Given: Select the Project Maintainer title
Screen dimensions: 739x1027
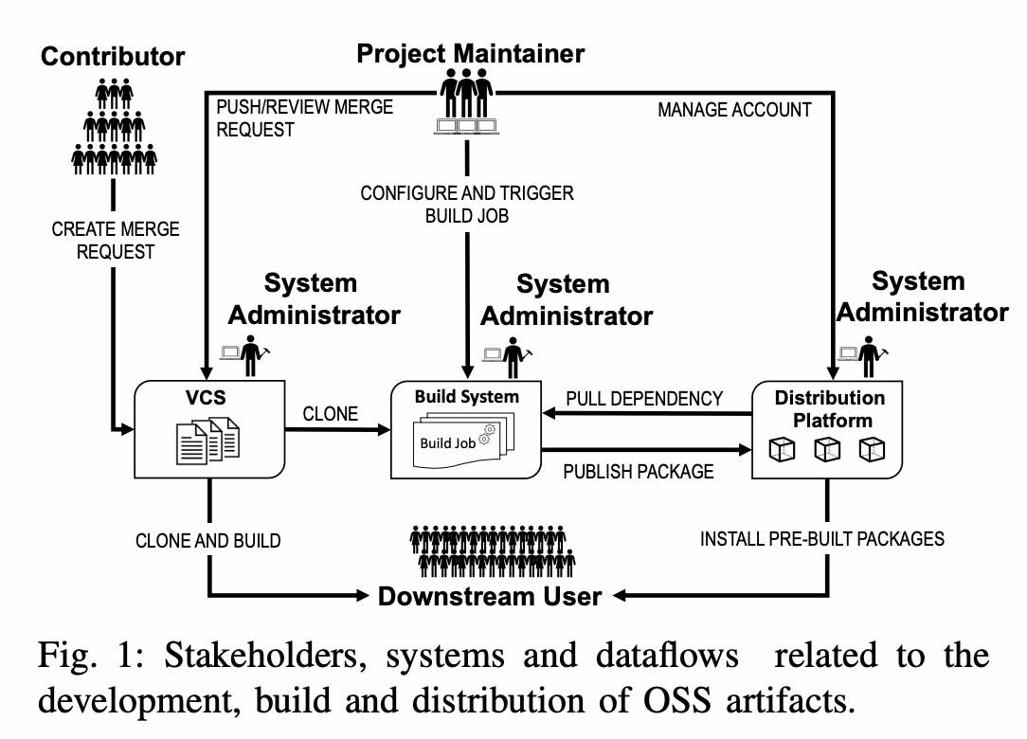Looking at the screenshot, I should [470, 53].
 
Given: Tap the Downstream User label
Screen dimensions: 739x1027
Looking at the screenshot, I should [490, 596].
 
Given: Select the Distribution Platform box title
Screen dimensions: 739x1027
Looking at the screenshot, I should [829, 408].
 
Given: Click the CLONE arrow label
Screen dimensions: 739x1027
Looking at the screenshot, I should [331, 414].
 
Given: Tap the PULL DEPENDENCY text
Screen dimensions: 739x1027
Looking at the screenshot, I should [644, 399].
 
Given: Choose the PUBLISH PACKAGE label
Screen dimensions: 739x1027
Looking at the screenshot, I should [638, 471].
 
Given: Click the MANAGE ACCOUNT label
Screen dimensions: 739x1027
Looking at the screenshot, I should [734, 110].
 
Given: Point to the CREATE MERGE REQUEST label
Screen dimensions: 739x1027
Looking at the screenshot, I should [116, 241].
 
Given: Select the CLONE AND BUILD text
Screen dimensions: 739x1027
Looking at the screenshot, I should [208, 541].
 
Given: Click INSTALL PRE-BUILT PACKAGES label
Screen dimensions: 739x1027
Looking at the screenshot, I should [821, 539].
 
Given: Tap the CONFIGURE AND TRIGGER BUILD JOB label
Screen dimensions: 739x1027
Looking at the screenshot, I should [467, 205].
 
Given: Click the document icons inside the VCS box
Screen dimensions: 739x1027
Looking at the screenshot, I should [208, 441].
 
